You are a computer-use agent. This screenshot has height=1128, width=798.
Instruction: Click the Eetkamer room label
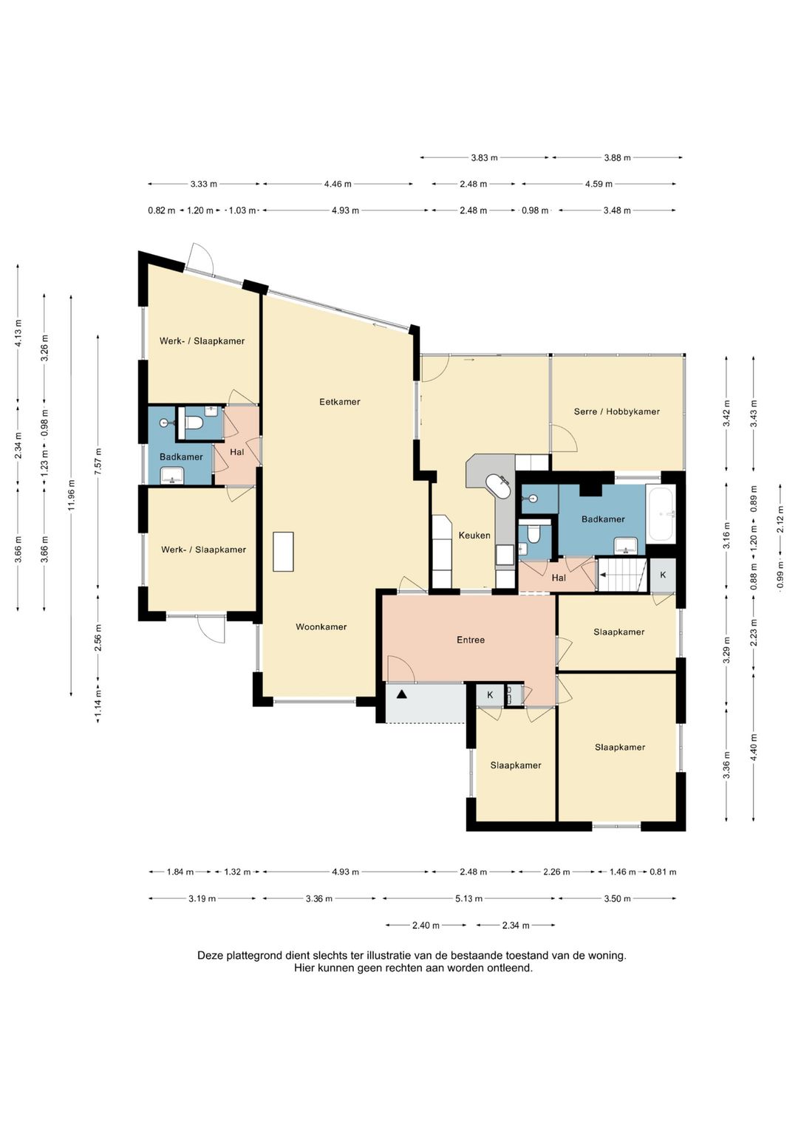coord(340,402)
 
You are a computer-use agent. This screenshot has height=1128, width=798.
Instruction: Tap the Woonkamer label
coord(321,627)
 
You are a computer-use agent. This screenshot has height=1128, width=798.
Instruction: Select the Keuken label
coord(474,536)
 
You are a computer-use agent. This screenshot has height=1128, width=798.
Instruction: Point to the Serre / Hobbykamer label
coord(617,411)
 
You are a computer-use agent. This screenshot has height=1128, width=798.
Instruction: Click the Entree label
coord(471,640)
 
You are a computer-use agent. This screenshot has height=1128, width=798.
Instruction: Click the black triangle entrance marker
coord(401,695)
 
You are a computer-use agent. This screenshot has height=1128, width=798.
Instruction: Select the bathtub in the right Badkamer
coord(661,513)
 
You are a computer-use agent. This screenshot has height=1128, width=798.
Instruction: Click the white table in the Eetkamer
coord(283,551)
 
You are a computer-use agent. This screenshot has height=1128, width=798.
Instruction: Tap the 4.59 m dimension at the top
coord(598,184)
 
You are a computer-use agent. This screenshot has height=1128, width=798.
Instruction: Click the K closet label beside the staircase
coord(663,575)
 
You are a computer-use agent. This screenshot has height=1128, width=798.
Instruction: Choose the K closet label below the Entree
coord(490,695)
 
